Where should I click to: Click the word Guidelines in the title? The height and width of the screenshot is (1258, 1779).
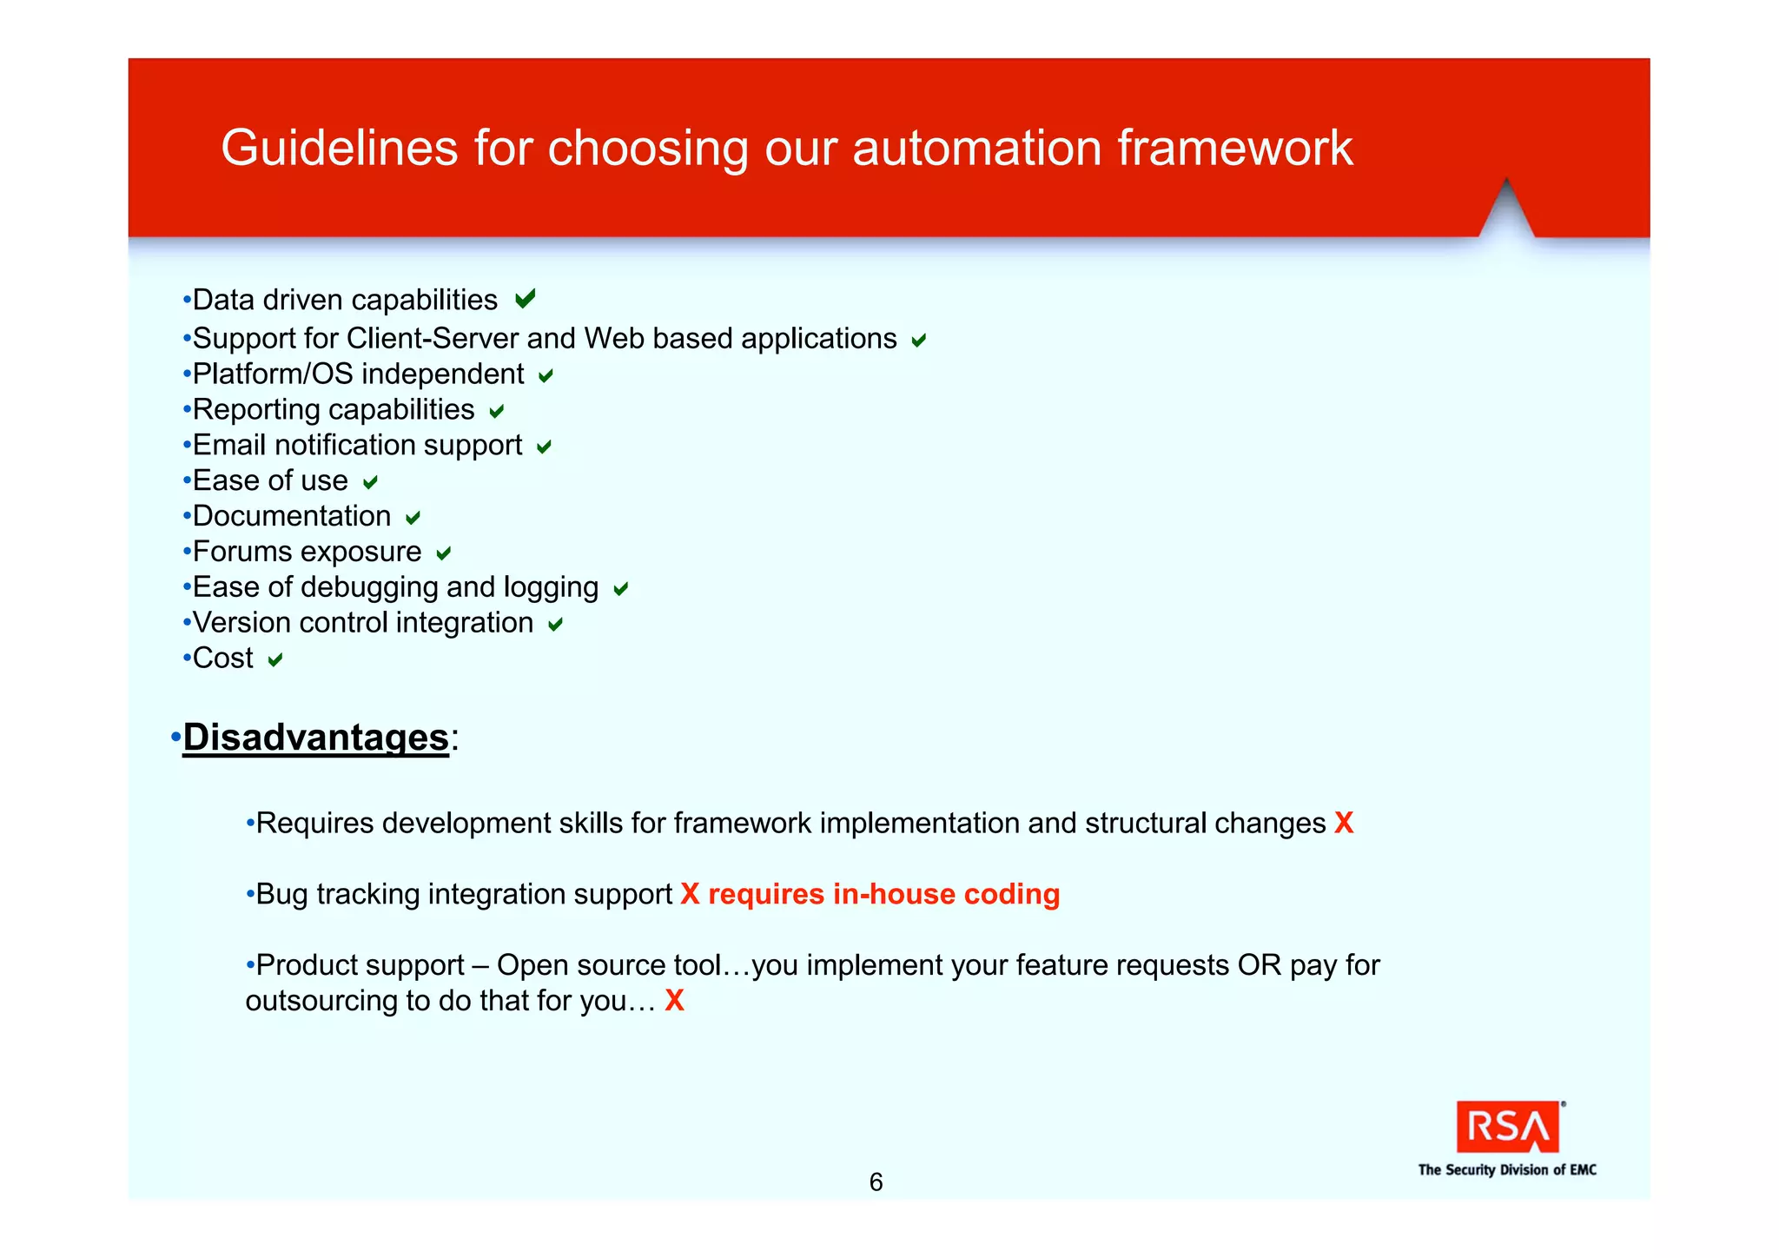339,148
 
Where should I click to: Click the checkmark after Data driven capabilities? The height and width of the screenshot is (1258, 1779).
525,299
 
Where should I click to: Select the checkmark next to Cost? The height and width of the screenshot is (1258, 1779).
275,660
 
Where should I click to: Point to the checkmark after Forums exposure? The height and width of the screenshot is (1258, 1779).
443,553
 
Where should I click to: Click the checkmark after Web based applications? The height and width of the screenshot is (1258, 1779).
918,341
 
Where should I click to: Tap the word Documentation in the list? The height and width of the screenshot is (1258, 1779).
292,516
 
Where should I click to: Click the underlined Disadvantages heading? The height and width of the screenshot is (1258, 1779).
315,738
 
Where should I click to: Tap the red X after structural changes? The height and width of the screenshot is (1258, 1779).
1343,823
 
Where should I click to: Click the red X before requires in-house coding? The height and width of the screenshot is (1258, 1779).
690,894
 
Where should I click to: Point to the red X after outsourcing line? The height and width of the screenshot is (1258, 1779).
674,1001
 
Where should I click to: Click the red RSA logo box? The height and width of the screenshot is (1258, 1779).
1507,1127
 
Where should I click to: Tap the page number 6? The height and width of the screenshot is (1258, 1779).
876,1182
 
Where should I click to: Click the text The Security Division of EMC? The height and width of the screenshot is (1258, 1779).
1507,1170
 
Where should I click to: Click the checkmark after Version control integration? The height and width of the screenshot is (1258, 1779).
555,625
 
